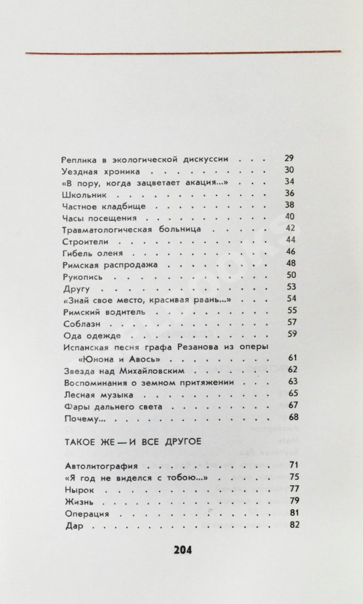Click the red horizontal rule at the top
(182, 52)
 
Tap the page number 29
(291, 158)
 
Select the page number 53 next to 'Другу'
(292, 287)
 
